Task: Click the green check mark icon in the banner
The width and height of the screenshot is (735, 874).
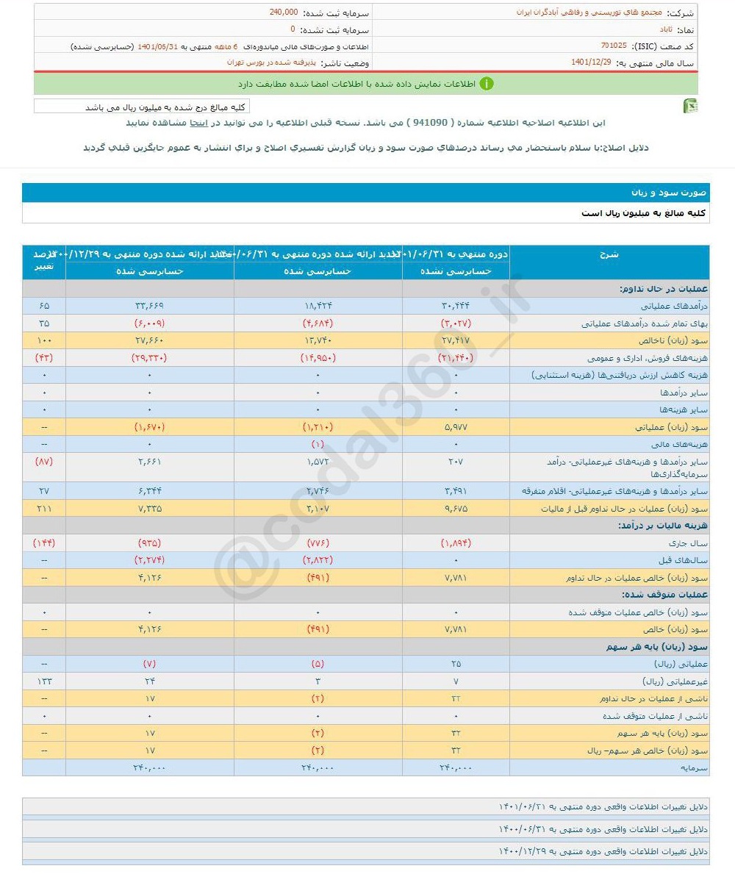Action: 487,84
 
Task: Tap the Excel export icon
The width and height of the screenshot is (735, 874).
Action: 690,107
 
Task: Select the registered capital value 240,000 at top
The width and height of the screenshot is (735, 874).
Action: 283,12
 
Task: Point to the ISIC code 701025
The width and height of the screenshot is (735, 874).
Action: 613,46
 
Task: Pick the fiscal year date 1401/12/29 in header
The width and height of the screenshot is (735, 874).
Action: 592,62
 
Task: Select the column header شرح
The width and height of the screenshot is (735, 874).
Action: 610,254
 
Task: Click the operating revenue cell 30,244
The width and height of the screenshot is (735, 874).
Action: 456,305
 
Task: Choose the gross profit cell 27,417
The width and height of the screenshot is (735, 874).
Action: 456,340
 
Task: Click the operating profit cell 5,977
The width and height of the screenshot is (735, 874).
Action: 456,427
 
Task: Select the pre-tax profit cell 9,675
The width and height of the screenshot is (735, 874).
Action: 456,509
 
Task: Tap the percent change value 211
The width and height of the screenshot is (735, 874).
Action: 44,509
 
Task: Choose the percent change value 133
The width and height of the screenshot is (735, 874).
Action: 44,681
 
